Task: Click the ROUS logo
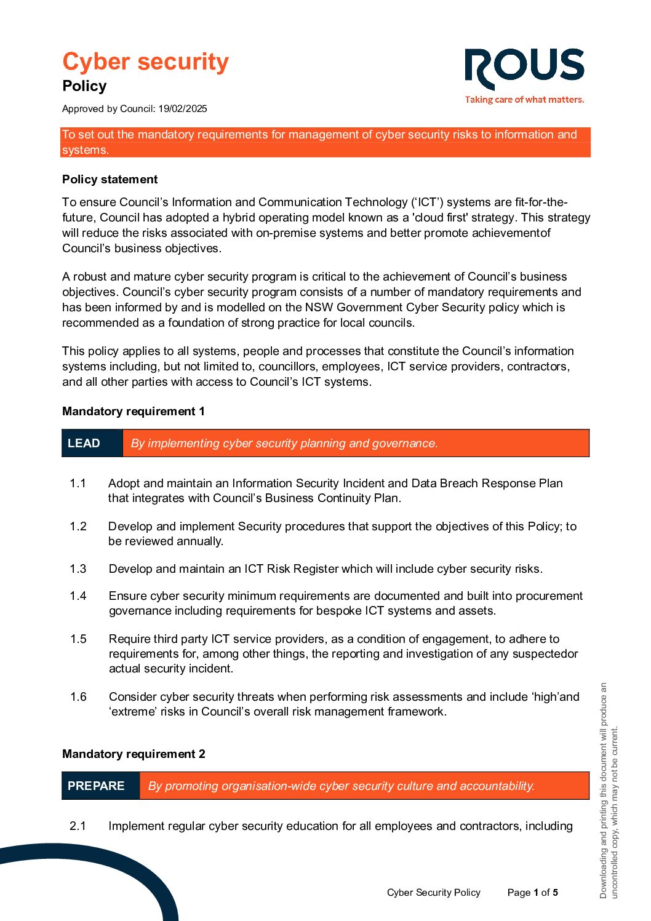tap(524, 68)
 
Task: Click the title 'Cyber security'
tap(145, 62)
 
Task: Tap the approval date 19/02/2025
tap(183, 109)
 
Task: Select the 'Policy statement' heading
tap(110, 180)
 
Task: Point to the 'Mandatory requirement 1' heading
tap(134, 412)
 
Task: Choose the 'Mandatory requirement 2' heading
tap(134, 754)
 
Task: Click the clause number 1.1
tap(78, 484)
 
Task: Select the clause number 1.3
tap(78, 569)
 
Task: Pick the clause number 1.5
tap(78, 639)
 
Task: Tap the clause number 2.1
tap(78, 826)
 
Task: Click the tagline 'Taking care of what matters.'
tap(524, 100)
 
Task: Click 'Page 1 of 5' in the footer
tap(533, 893)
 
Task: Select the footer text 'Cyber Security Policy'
tap(434, 893)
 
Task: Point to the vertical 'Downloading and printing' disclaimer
tap(609, 791)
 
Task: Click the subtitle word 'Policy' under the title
tap(84, 86)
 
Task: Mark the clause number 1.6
tap(78, 697)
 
